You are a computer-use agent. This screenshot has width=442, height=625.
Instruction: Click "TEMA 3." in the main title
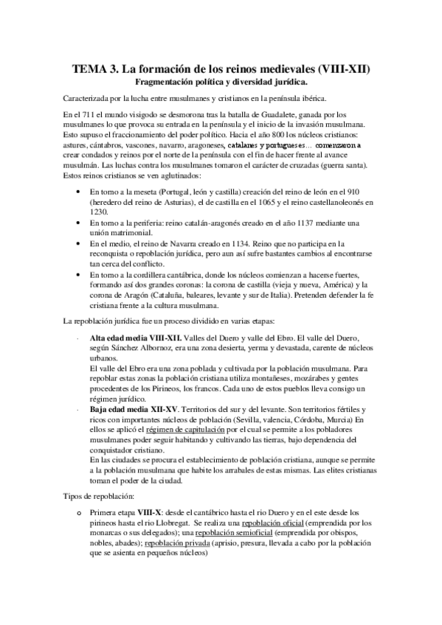(94, 70)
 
